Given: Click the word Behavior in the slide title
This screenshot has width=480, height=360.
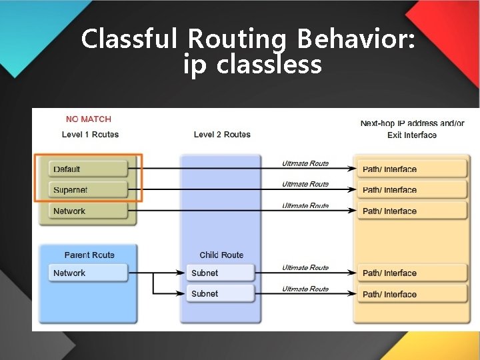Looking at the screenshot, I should click(x=357, y=39).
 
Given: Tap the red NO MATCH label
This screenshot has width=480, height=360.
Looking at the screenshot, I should click(x=89, y=119).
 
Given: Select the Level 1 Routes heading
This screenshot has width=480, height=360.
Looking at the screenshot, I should click(x=90, y=135).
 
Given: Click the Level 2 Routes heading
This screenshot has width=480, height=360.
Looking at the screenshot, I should click(x=222, y=135).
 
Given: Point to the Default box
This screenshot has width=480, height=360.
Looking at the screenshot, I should click(x=88, y=169).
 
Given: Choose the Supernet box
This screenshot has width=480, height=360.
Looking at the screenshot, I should click(x=88, y=190).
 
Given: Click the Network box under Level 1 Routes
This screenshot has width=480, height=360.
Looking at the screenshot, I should click(x=88, y=211).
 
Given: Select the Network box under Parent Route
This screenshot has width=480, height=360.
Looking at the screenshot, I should click(x=88, y=273).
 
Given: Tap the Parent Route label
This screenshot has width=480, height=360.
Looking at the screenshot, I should click(x=89, y=255).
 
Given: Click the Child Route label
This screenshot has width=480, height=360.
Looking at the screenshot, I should click(x=221, y=255).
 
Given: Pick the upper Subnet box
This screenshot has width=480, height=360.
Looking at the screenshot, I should click(x=221, y=273).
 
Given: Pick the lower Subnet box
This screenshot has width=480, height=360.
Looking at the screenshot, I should click(x=221, y=293).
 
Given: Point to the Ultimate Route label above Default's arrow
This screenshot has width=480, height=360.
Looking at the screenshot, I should click(x=305, y=163).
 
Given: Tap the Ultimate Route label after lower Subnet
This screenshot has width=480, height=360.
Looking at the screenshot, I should click(x=305, y=289).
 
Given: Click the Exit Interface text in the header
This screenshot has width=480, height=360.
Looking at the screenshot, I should click(x=412, y=135).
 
